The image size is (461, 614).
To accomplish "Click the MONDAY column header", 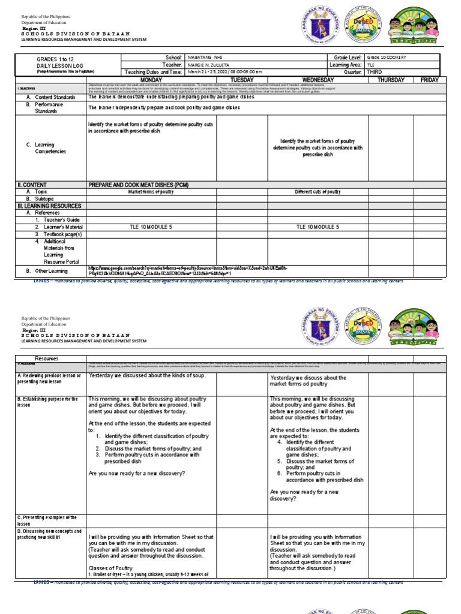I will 151,80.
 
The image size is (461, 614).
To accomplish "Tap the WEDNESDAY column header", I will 318,80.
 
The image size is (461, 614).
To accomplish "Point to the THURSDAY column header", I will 391,80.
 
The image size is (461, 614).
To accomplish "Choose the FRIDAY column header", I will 429,80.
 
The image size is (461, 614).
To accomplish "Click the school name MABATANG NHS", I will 205,57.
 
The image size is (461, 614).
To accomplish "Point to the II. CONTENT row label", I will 27,185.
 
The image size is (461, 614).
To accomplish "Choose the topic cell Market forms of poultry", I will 152,192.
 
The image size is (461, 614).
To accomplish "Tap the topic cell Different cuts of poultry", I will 318,192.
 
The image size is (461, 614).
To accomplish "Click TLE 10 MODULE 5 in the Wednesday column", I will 318,227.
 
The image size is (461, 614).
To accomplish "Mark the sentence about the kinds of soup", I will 147,376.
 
